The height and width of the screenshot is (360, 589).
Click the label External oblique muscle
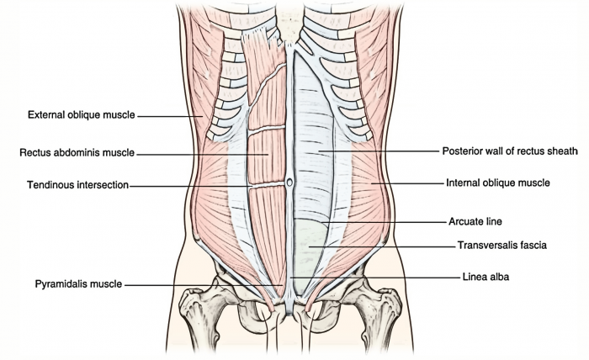81,115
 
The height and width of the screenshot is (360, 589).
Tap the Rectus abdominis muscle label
77,153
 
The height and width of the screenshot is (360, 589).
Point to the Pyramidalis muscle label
79,284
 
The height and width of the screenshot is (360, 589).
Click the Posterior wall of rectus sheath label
510,151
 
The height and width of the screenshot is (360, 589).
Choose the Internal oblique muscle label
497,182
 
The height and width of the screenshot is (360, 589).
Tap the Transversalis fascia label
502,246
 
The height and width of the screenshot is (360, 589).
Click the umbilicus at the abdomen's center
289,181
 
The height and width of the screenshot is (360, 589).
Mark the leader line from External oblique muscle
168,115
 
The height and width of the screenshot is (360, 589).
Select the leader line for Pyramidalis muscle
202,285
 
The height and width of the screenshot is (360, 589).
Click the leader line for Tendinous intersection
189,185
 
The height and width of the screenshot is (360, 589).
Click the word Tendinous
50,185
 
